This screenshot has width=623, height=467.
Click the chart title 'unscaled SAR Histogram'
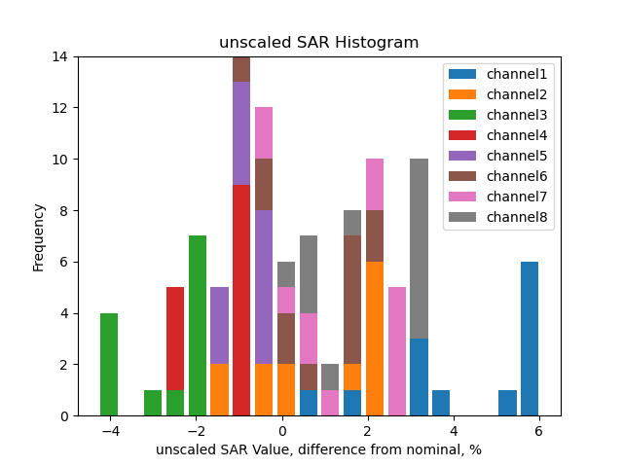(318, 43)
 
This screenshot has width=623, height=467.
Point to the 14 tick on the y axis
(60, 56)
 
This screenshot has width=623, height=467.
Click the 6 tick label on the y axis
(64, 262)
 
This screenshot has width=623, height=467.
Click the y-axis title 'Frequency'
(39, 236)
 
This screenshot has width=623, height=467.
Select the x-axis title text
(318, 449)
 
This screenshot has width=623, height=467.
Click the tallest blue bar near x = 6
(530, 339)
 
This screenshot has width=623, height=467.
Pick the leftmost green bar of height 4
(109, 365)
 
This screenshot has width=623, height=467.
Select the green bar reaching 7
(198, 326)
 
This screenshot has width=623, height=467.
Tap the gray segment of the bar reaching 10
(419, 248)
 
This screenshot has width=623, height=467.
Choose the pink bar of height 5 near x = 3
(397, 351)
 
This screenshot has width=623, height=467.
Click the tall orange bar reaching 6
(375, 339)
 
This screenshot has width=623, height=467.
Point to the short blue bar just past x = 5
(507, 403)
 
